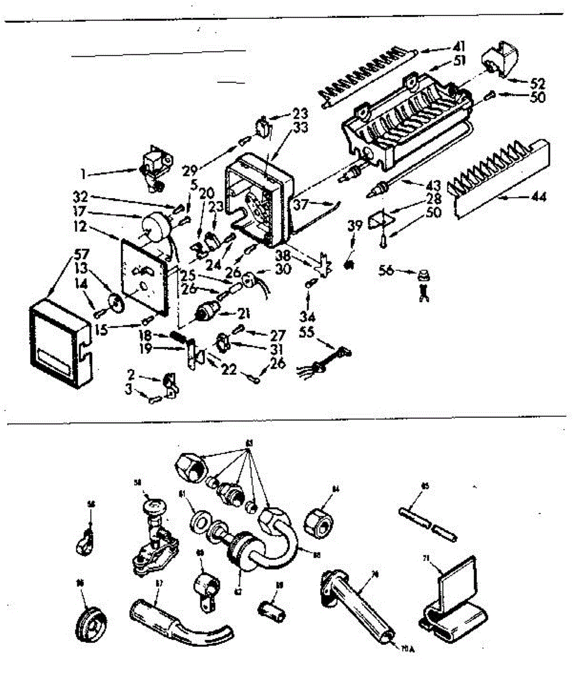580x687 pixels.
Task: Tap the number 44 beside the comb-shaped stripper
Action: coord(538,198)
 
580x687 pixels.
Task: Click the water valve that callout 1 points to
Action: coord(156,162)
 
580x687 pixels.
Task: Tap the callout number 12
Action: coord(80,227)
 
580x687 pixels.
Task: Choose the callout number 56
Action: coord(387,270)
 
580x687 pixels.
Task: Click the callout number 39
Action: coord(355,225)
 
